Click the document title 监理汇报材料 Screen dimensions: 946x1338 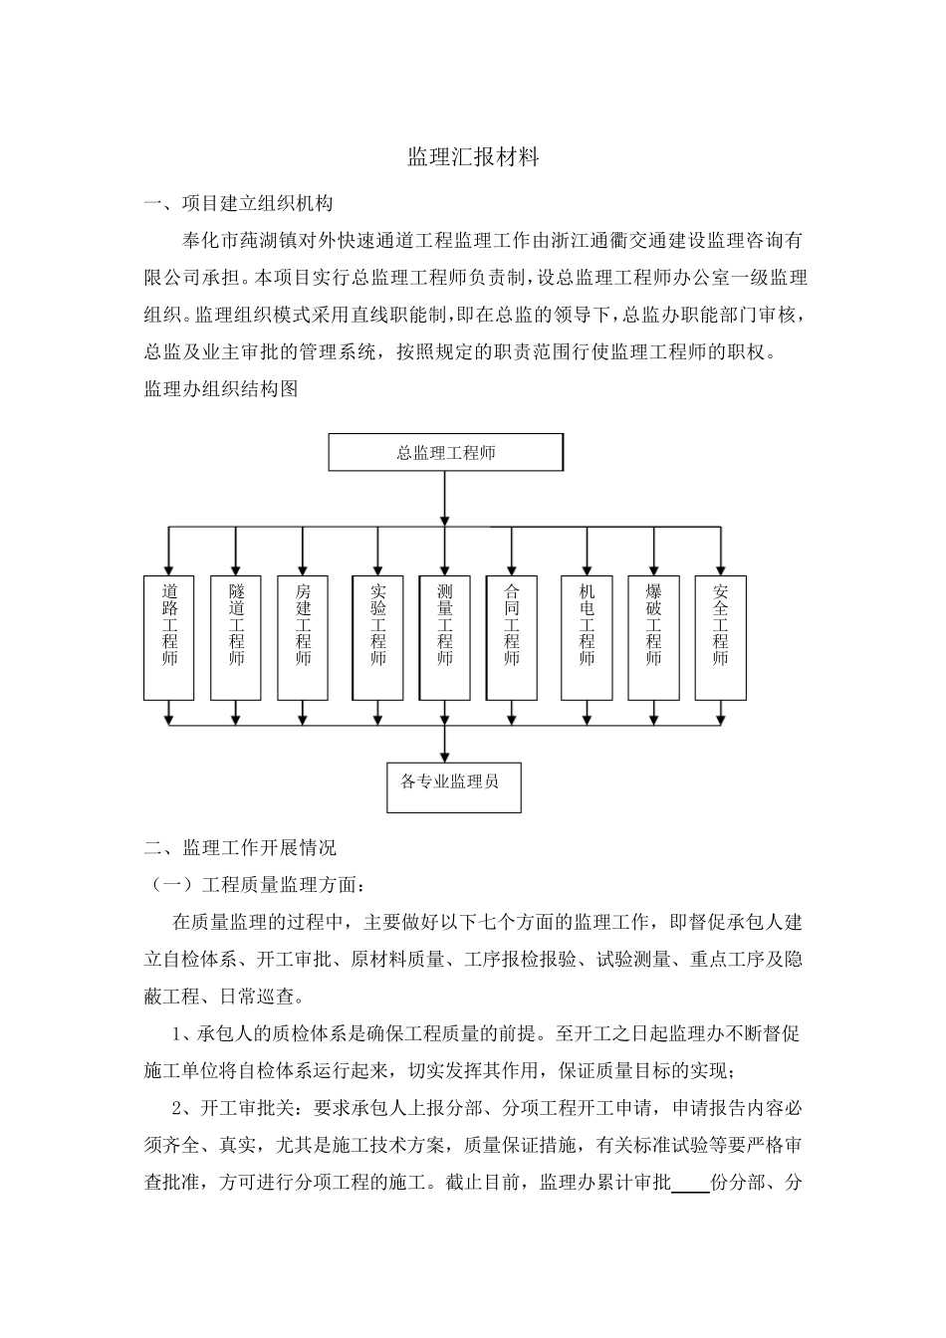473,157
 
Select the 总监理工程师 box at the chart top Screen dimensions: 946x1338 445,453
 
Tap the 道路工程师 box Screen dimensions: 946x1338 169,637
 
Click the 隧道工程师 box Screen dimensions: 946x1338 236,637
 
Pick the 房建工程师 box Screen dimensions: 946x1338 303,637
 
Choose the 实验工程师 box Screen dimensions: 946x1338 377,637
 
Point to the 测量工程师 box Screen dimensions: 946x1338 444,637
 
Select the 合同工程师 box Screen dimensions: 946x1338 511,637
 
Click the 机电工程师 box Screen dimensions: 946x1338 587,637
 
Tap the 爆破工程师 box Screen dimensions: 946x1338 653,637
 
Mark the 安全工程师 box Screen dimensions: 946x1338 720,637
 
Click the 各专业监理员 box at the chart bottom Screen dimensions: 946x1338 453,785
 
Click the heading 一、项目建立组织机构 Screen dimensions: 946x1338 239,205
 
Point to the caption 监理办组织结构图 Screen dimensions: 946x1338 221,389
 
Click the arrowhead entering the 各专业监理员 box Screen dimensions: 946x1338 444,756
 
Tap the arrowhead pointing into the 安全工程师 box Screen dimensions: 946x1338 720,566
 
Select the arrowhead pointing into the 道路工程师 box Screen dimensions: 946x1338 169,566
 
